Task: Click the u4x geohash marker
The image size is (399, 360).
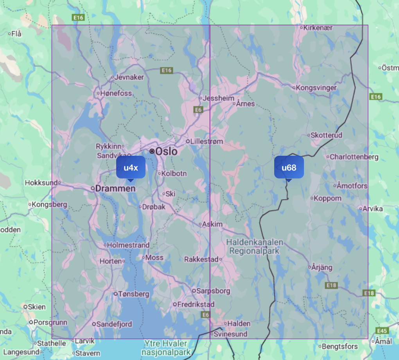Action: [x=131, y=167]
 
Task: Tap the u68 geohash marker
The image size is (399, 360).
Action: [x=289, y=167]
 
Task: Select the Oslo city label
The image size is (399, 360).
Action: [x=166, y=151]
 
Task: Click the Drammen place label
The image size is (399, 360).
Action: [x=116, y=188]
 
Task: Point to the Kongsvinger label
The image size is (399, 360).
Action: [x=316, y=88]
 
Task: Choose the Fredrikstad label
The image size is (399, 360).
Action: [x=196, y=304]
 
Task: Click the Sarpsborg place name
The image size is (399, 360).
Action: [x=213, y=291]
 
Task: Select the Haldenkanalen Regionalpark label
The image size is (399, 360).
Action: [x=254, y=247]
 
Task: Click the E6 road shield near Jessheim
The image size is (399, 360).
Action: [x=198, y=110]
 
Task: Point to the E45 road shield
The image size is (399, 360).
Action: [x=382, y=331]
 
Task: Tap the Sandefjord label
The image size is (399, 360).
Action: [x=114, y=324]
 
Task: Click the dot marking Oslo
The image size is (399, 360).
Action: [x=152, y=151]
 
